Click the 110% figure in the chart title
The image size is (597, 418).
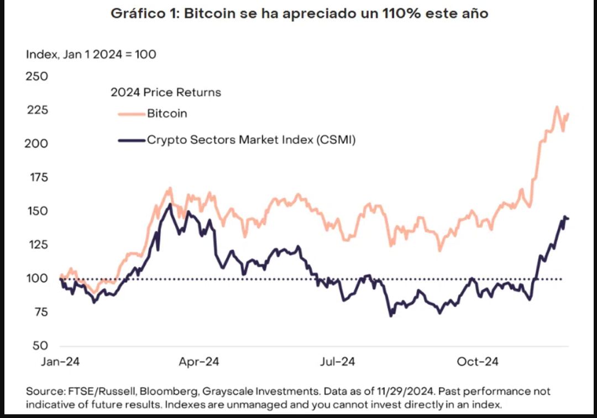tap(397, 14)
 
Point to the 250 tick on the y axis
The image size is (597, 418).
tap(38, 76)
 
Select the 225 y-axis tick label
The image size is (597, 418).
tap(38, 110)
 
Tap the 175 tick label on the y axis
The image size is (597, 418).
tap(38, 177)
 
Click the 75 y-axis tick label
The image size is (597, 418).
tap(40, 312)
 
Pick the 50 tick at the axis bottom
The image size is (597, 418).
tap(40, 346)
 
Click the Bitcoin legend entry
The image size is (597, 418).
tap(167, 114)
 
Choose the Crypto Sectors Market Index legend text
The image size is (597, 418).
tap(251, 140)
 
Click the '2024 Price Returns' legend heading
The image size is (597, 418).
tap(166, 92)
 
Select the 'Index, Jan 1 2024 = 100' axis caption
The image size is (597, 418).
tap(91, 54)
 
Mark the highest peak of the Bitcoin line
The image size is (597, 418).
tap(557, 107)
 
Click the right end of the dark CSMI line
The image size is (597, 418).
tap(568, 219)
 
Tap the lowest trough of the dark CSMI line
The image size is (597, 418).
tap(391, 315)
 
